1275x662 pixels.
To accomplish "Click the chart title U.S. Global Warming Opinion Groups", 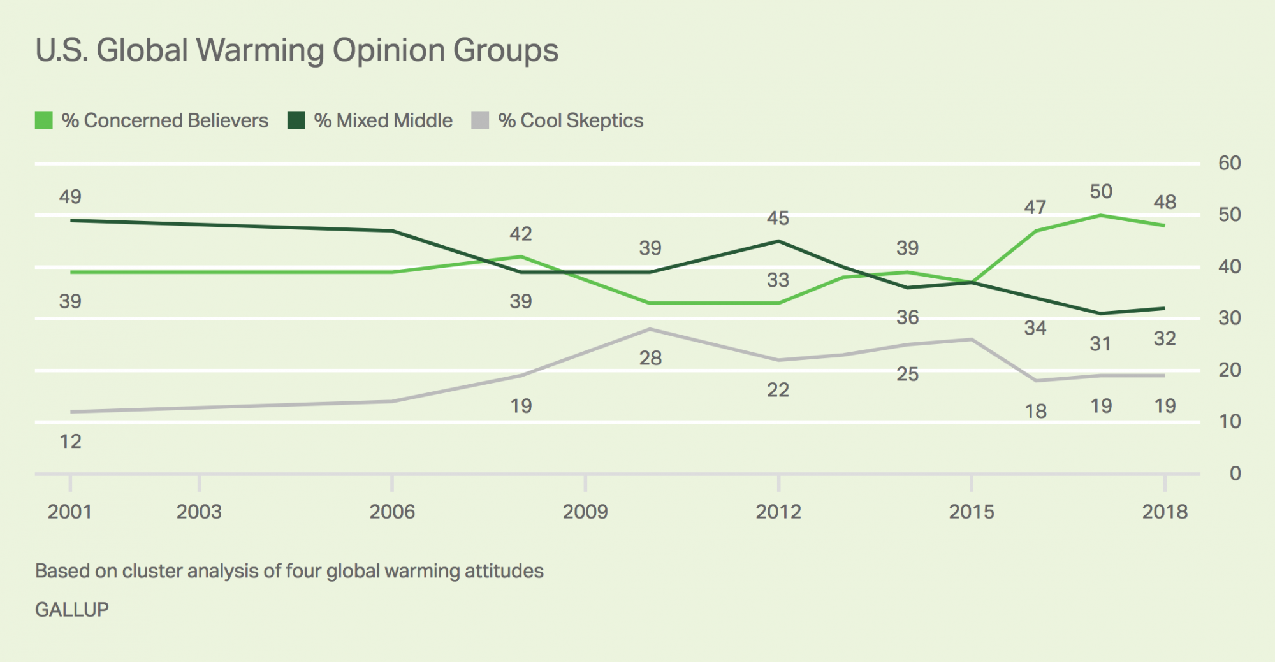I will (296, 50).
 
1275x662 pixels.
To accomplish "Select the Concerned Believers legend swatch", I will (44, 120).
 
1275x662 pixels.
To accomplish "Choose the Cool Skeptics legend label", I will (571, 120).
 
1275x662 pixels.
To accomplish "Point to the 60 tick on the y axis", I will (1230, 163).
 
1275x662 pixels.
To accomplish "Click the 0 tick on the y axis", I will (1235, 473).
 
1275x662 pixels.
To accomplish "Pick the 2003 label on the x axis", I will (199, 512).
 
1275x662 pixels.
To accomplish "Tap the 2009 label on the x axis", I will (585, 512).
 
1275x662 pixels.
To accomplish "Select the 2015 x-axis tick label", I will (972, 512).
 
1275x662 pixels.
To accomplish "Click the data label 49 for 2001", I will (70, 197).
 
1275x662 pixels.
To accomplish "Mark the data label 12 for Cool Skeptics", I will (70, 442).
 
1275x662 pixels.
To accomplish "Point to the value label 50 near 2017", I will (1101, 192).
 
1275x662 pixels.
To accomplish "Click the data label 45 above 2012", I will (778, 219).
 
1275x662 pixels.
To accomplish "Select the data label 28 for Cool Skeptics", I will (650, 359).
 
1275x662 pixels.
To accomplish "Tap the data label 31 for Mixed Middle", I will (1101, 344).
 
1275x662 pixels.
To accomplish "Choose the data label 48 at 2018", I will (1165, 203).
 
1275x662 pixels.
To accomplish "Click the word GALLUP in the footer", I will (72, 610).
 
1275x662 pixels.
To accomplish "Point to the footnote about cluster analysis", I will (289, 571).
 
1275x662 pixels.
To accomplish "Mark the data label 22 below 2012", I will (778, 390).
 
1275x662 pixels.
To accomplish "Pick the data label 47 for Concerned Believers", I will (1035, 208).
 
